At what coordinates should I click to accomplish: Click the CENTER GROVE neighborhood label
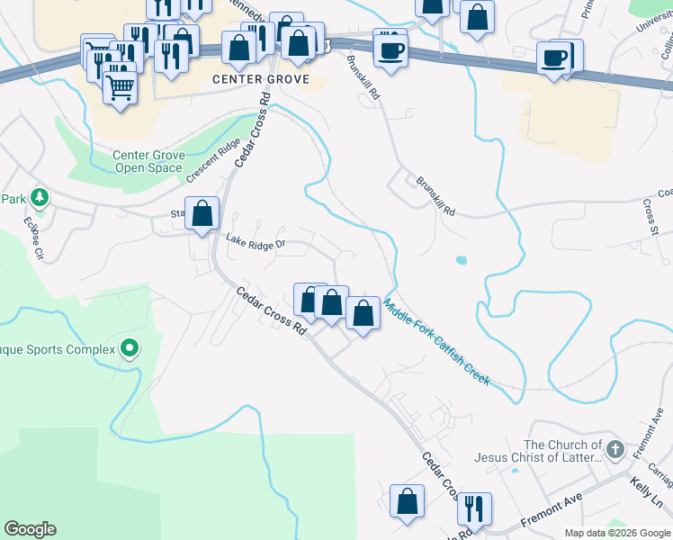261,79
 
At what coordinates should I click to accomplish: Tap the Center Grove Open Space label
148,161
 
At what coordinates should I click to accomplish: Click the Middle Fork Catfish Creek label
436,342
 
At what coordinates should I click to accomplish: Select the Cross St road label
651,214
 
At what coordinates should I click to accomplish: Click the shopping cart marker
120,86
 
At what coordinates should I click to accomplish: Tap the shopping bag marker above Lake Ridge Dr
203,214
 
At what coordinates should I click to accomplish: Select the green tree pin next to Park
40,197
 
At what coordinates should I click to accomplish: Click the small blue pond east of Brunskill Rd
462,261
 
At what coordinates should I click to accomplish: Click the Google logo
30,529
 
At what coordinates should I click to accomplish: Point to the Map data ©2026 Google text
615,533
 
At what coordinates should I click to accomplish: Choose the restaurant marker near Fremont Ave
473,508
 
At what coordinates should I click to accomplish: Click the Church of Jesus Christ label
562,451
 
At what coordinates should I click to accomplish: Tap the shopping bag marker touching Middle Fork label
363,314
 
